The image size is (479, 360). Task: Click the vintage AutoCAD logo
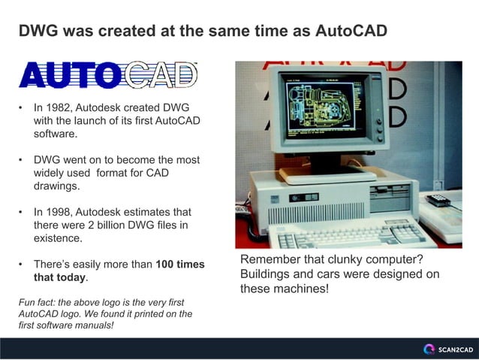[x=108, y=75]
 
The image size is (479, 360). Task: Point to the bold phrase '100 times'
[x=179, y=265]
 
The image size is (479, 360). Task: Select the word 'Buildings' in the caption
[x=268, y=274]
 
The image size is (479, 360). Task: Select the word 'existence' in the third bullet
[x=58, y=238]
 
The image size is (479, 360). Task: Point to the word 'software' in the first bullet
[x=55, y=134]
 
